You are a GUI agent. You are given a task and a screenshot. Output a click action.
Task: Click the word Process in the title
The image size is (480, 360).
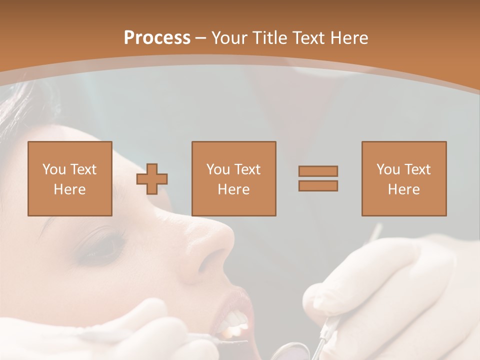tap(157, 38)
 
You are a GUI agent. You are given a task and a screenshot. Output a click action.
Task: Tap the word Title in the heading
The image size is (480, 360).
tap(269, 38)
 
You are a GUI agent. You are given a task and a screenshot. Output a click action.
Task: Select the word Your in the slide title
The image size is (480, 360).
tap(230, 38)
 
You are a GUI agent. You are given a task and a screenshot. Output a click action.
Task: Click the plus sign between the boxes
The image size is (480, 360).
tap(152, 179)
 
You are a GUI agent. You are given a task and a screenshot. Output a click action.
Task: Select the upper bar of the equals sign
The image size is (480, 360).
tap(318, 171)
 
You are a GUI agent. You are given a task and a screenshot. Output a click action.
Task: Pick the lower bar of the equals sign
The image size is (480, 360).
tap(318, 185)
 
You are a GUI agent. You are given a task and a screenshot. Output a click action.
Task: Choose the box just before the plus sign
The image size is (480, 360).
tap(69, 178)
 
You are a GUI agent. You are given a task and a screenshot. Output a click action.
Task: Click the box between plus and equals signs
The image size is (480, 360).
tap(233, 178)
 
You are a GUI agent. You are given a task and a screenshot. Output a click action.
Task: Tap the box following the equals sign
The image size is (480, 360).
tap(403, 178)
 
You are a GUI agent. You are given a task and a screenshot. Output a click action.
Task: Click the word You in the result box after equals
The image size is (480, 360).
tap(388, 169)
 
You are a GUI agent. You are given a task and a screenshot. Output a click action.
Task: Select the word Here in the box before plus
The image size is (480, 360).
tap(69, 189)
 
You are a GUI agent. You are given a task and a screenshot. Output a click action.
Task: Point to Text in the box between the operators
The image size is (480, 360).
tap(247, 169)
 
